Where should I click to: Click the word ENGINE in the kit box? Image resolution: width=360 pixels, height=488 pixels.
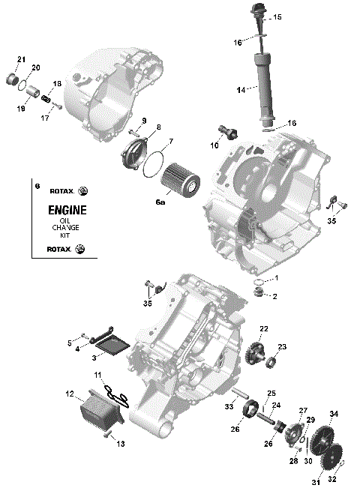pos(67,210)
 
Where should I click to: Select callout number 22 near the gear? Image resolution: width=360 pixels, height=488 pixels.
pos(263,328)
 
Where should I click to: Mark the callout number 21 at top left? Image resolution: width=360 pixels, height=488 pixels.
pos(20,59)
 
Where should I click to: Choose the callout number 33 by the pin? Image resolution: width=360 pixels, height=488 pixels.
pos(229,407)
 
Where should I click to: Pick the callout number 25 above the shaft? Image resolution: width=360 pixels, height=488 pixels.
pos(271,393)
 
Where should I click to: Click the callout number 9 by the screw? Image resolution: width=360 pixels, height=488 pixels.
pos(143,121)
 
